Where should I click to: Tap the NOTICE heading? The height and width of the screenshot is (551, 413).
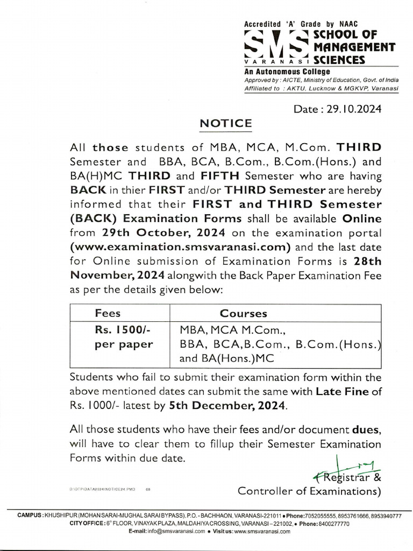(x=225, y=123)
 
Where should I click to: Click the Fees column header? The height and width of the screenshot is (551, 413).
(x=108, y=313)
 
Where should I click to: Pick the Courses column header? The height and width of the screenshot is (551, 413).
(x=243, y=313)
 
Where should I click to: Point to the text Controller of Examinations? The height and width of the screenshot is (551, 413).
(x=310, y=491)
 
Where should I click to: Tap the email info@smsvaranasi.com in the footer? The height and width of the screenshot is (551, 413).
(x=175, y=531)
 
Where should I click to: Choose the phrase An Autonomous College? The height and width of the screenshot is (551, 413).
(x=287, y=72)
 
